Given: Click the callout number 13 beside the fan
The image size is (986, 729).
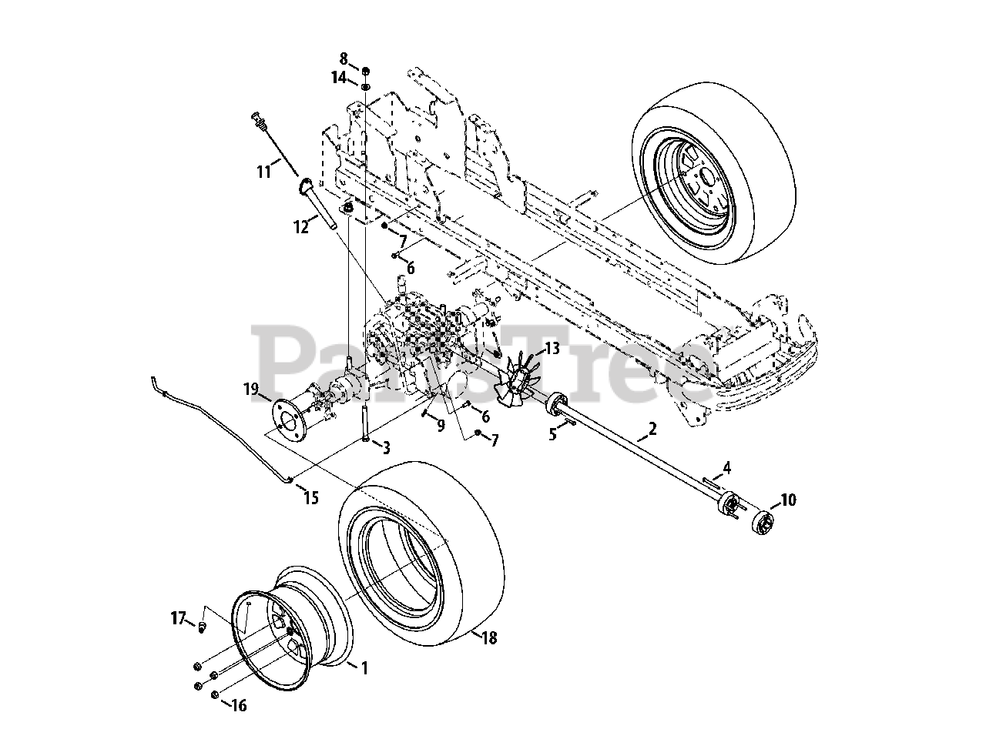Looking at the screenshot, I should tap(552, 349).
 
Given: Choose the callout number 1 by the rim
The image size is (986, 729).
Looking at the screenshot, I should tap(364, 669).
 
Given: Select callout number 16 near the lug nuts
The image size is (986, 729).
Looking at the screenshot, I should tap(240, 704).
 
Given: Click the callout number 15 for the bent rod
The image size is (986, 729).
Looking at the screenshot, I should tap(311, 498).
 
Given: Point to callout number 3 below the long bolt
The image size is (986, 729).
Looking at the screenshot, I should tap(386, 447).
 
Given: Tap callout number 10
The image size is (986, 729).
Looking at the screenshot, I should tap(788, 500).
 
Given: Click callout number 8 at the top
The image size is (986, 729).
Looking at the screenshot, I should tap(344, 58).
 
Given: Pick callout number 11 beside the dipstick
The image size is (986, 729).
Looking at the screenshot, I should tap(264, 172).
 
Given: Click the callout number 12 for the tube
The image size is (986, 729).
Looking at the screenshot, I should tap(300, 227).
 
